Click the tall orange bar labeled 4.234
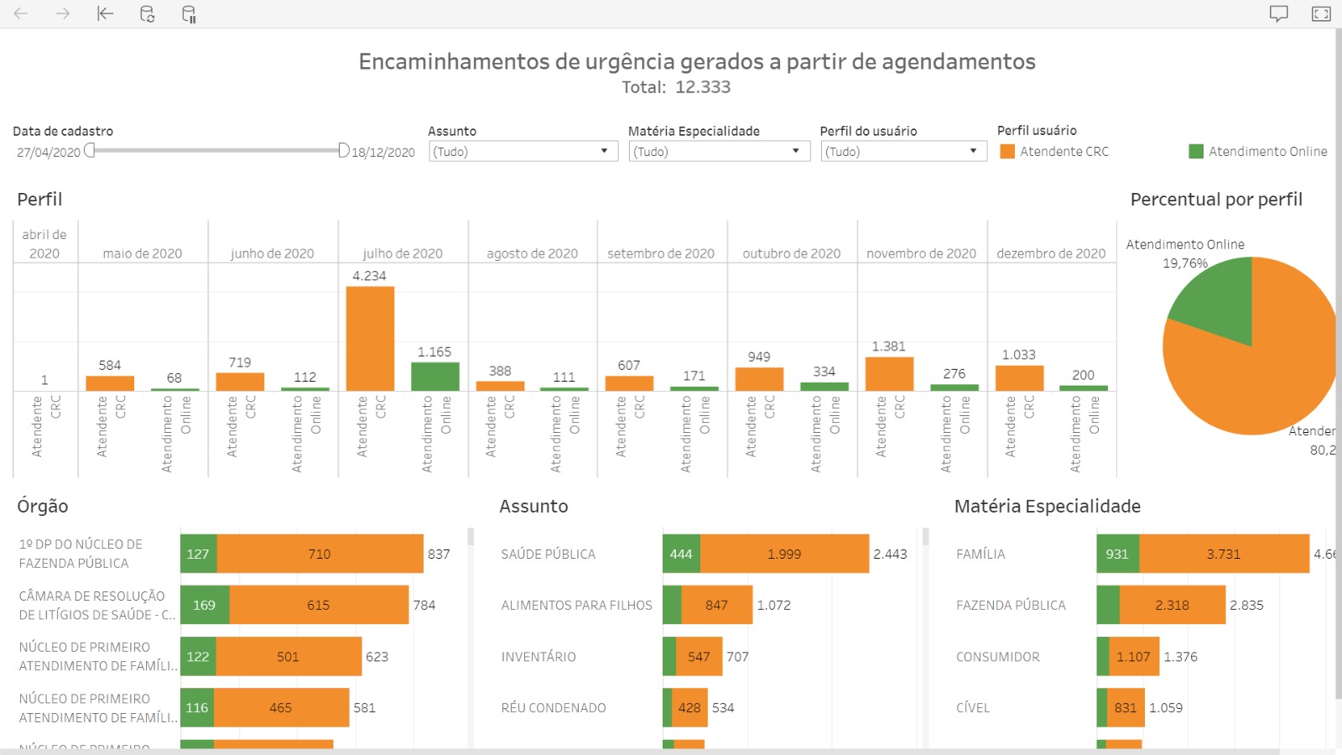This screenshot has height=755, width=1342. point(370,338)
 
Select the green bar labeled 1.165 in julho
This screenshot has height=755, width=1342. point(434,376)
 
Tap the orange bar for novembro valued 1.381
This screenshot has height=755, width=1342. point(889,373)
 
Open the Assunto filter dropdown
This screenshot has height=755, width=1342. point(523,151)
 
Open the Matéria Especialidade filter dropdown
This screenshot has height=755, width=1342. point(719,151)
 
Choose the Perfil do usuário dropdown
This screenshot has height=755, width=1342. point(902,151)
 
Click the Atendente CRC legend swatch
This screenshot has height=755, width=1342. point(1007,152)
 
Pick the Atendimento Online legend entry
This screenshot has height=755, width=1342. point(1258,152)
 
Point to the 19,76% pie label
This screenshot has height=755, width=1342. point(1184,263)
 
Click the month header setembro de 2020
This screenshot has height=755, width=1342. point(661,253)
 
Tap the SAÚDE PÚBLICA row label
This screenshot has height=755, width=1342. point(548,555)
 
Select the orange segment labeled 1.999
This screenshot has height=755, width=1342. point(784,555)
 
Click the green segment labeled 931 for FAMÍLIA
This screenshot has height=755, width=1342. point(1117,555)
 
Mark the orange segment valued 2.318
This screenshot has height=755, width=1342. point(1172,606)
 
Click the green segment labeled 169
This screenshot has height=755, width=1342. point(204,606)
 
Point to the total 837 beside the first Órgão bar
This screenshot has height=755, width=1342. point(439,555)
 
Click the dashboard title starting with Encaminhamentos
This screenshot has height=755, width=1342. point(696,62)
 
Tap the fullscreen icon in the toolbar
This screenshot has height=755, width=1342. point(1321,13)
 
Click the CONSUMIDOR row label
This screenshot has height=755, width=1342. point(997,657)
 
